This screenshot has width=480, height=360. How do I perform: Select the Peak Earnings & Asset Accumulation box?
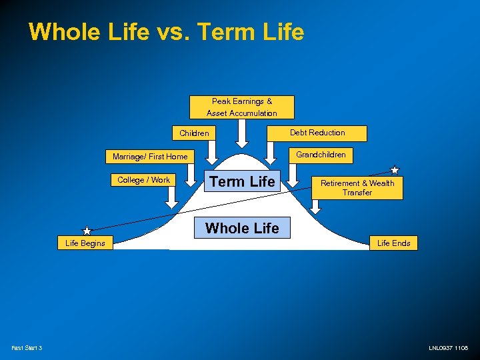tap(241, 107)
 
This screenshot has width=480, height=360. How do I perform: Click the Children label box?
tap(194, 133)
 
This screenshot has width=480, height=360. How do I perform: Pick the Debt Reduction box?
tap(317, 133)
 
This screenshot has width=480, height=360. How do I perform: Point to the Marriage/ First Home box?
tap(150, 157)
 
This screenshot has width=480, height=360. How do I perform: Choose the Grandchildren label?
tap(321, 155)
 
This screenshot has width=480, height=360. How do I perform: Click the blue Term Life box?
tap(242, 181)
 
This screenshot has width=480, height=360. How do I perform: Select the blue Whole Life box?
tap(242, 228)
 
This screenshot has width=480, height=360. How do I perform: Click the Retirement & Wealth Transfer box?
tap(357, 187)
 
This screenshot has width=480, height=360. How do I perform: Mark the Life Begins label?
tap(85, 243)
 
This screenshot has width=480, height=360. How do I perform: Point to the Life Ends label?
tap(393, 243)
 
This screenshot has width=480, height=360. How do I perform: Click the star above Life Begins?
tap(87, 231)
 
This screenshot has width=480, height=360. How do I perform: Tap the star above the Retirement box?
tap(395, 170)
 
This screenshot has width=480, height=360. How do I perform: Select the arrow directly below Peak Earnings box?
tap(242, 137)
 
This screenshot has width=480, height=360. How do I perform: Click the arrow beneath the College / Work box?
tap(171, 196)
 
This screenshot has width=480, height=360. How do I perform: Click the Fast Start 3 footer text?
tap(27, 348)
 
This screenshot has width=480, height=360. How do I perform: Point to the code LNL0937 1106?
tap(448, 348)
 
